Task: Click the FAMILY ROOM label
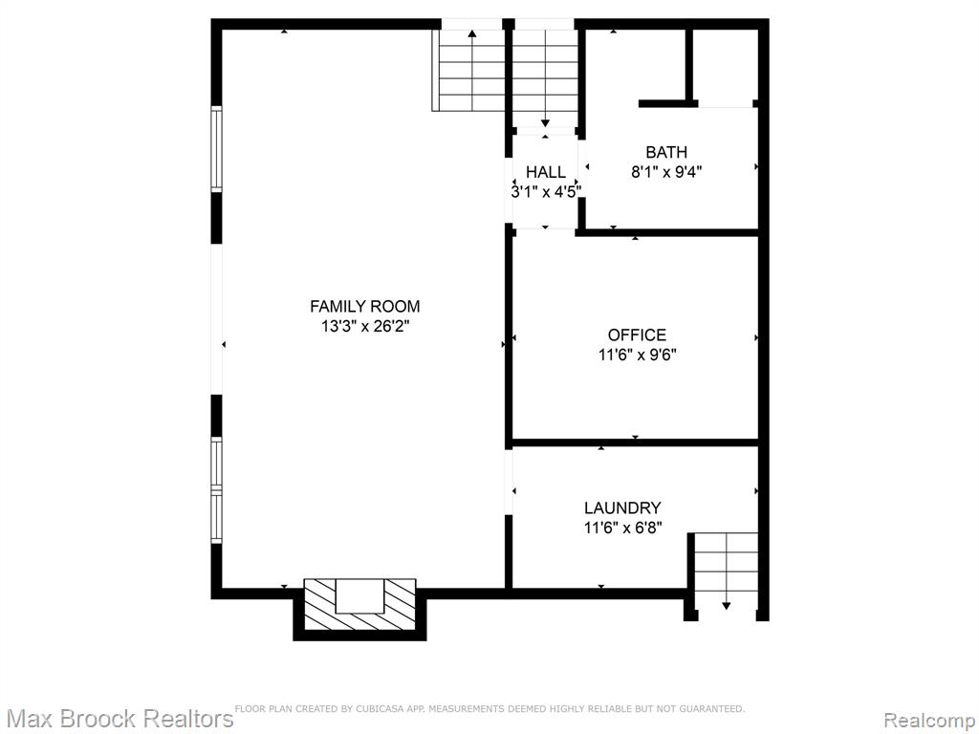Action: coord(364,307)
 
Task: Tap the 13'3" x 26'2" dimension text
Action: coord(364,326)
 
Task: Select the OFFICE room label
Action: coord(637,335)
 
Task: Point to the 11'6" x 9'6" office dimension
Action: coord(637,355)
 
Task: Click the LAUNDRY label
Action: coord(622,508)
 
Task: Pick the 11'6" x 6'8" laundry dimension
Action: coord(622,528)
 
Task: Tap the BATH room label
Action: coord(666,152)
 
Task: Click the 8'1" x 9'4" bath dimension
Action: coord(666,172)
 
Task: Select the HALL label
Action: coord(546,172)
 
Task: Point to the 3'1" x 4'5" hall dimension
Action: coord(546,191)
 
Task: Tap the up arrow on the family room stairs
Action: coord(472,69)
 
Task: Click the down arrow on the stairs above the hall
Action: coord(545,77)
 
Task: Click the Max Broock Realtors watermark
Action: coord(118,719)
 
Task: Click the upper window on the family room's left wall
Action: coord(216,149)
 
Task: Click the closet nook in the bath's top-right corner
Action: coord(725,66)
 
